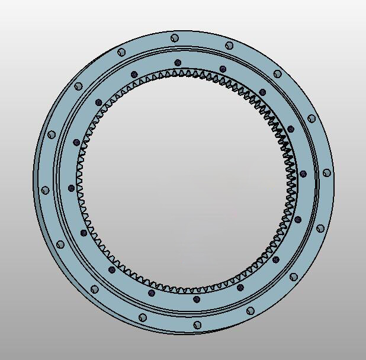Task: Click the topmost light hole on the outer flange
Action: pyautogui.click(x=175, y=38)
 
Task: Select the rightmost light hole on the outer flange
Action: pyautogui.click(x=327, y=173)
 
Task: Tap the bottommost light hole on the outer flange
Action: pyautogui.click(x=197, y=324)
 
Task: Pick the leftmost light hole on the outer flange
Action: pyautogui.click(x=45, y=190)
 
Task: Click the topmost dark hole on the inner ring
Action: pyautogui.click(x=178, y=62)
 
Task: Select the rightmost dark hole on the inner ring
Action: pyautogui.click(x=303, y=174)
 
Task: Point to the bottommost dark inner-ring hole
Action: pyautogui.click(x=197, y=300)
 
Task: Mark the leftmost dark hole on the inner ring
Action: pyautogui.click(x=72, y=188)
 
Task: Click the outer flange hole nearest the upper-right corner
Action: pyautogui.click(x=278, y=74)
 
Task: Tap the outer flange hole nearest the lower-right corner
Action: pyautogui.click(x=294, y=277)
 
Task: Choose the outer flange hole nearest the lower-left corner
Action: pyautogui.click(x=95, y=290)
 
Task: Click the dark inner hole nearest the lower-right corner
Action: pyautogui.click(x=276, y=259)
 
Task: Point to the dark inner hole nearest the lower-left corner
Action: pyautogui.click(x=112, y=270)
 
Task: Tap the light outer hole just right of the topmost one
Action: pyautogui.click(x=229, y=46)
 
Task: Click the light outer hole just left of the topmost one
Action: pyautogui.click(x=122, y=52)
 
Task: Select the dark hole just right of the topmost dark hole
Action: pyautogui.click(x=223, y=69)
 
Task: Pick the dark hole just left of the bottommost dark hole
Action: pyautogui.click(x=152, y=292)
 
